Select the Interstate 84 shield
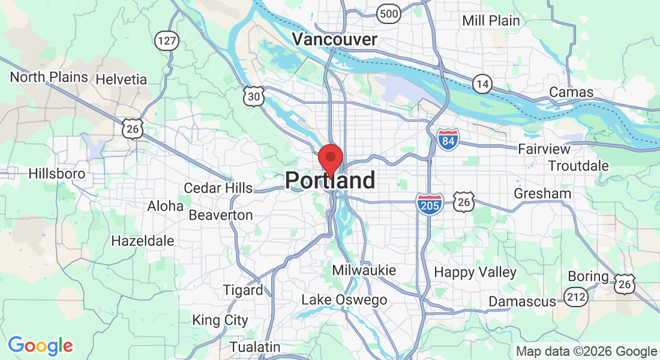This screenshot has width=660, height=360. click(448, 139)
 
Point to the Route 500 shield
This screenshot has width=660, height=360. click(389, 13)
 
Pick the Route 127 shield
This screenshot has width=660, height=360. click(166, 40)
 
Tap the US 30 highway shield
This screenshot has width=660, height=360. click(254, 96)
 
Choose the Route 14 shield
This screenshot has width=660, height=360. click(482, 83)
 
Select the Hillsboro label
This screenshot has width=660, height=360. click(57, 174)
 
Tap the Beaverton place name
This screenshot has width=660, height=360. click(220, 215)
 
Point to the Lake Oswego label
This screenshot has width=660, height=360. click(344, 300)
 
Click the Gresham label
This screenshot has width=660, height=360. click(542, 194)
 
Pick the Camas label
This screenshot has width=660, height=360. click(572, 92)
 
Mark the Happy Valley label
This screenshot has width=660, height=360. click(475, 272)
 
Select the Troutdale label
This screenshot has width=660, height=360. click(578, 166)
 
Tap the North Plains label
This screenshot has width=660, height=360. click(49, 77)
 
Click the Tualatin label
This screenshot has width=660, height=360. click(255, 347)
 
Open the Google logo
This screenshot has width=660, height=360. click(40, 346)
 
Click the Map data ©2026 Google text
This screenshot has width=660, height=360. click(587, 352)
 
